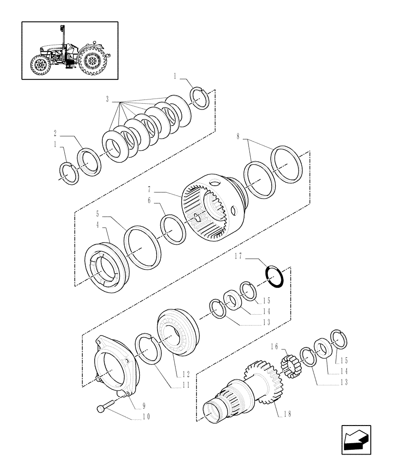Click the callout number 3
(x=108, y=100)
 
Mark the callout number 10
(x=146, y=417)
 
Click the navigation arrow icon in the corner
(x=356, y=440)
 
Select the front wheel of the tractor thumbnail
(x=39, y=65)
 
